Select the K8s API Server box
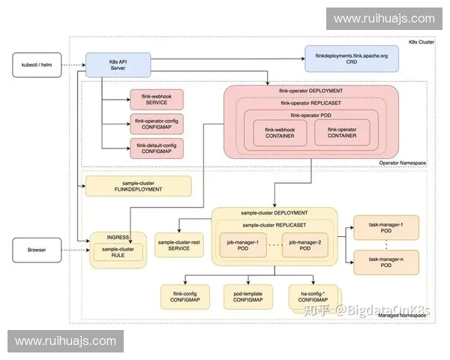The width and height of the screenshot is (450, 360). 118,64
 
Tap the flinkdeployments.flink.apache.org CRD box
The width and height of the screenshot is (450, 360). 351,58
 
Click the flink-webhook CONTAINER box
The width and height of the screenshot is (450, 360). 280,133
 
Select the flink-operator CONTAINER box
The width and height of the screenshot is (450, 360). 341,133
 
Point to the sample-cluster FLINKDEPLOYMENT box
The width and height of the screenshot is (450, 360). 139,185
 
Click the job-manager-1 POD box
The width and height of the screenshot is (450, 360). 242,244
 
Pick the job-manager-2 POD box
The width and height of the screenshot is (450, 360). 304,244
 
